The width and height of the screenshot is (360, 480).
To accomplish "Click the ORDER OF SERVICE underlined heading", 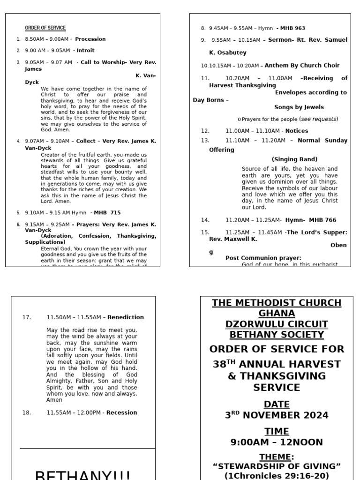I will pyautogui.click(x=45, y=28).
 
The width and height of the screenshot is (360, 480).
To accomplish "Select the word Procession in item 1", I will pyautogui.click(x=90, y=39).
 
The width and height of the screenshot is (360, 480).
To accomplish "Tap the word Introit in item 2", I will pyautogui.click(x=85, y=50).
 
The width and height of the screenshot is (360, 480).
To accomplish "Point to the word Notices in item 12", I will pyautogui.click(x=297, y=131).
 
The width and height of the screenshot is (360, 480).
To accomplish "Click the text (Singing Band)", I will pyautogui.click(x=294, y=159).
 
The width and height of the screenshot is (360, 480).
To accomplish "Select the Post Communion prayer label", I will pyautogui.click(x=263, y=258).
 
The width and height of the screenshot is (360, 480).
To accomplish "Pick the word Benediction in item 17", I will pyautogui.click(x=126, y=317).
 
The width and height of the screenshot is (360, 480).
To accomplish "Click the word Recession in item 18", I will pyautogui.click(x=122, y=412).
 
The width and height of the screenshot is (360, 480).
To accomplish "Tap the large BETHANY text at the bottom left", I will pyautogui.click(x=82, y=474).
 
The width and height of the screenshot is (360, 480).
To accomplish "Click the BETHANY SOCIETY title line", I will pyautogui.click(x=277, y=335).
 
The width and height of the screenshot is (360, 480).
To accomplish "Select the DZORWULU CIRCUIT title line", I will pyautogui.click(x=277, y=324).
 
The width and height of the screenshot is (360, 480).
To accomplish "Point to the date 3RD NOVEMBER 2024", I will pyautogui.click(x=277, y=415).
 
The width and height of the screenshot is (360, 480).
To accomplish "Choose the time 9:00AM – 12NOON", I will pyautogui.click(x=277, y=442).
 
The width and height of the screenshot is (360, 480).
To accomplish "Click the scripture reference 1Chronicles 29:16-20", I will pyautogui.click(x=277, y=475).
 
